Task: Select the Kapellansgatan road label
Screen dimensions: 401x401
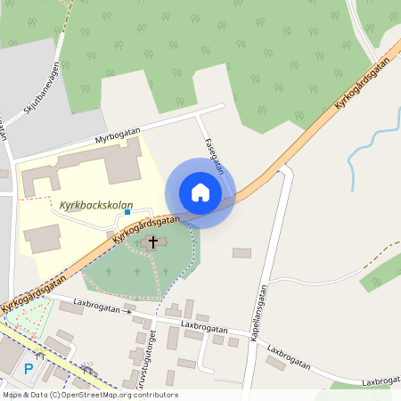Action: pos(259,315)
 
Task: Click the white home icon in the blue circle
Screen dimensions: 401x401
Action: pos(200,192)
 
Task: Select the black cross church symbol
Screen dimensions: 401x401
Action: pos(153,241)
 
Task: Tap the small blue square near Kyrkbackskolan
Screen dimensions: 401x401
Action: pos(127,212)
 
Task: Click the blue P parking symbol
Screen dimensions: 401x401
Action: pos(29,369)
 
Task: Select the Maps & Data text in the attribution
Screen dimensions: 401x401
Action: pos(24,395)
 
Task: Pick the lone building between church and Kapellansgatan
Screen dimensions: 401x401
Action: pos(241,253)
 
